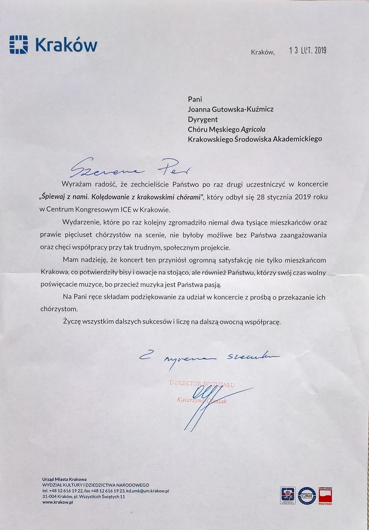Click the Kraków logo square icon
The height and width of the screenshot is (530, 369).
18,44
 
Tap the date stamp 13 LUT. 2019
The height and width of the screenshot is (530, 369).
307,51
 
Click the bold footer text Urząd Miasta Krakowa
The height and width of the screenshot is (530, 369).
65,480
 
